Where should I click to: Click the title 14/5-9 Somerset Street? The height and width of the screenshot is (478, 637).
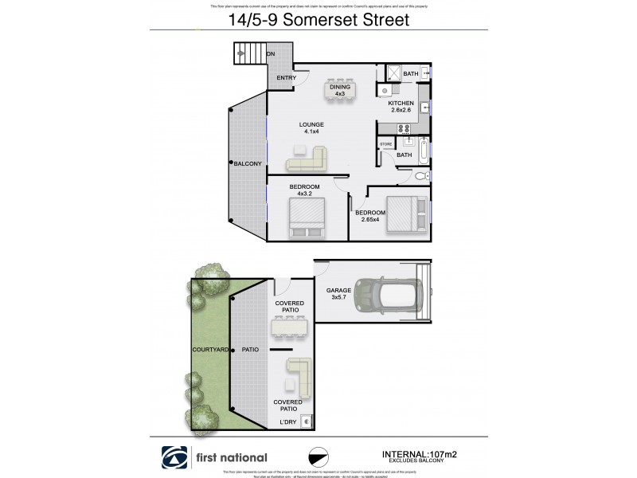tap(318, 20)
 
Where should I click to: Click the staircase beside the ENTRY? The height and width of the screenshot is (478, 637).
tap(251, 54)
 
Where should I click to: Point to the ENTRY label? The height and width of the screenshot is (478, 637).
tap(286, 78)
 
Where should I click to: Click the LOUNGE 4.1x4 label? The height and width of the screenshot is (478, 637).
tap(311, 128)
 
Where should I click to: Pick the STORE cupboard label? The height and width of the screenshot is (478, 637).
tap(386, 144)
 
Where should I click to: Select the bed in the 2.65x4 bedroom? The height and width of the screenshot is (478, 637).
tap(406, 214)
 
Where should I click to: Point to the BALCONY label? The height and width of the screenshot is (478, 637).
tap(248, 163)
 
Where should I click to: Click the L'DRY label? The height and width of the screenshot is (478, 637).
tap(287, 422)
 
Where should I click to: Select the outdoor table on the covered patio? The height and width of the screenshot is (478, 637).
tap(289, 327)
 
